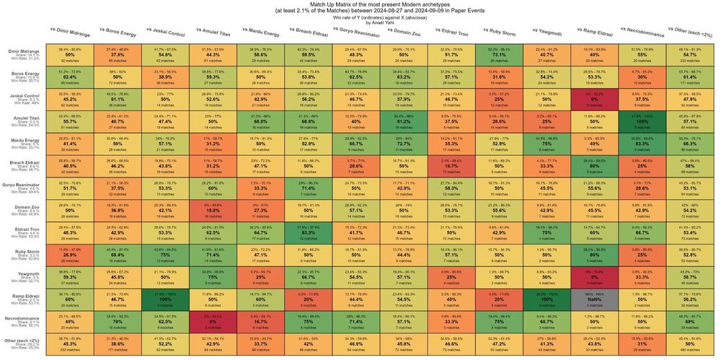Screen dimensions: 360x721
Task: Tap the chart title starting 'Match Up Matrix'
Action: [360, 5]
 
